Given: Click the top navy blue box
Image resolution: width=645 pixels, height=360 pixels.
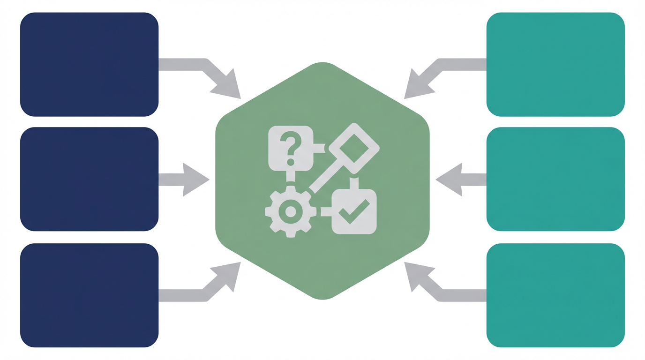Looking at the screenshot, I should pyautogui.click(x=89, y=64).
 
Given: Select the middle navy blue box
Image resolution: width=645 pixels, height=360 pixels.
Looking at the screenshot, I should pyautogui.click(x=89, y=179).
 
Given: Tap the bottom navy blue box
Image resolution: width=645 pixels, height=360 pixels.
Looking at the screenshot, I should pyautogui.click(x=89, y=295).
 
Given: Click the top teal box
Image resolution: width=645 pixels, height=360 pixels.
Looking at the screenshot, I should pyautogui.click(x=555, y=64).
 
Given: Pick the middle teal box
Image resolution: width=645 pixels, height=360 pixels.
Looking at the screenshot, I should pyautogui.click(x=555, y=179).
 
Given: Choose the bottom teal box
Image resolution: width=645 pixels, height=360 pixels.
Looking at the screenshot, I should pyautogui.click(x=555, y=295).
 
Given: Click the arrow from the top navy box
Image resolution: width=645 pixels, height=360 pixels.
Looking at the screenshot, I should pyautogui.click(x=206, y=70).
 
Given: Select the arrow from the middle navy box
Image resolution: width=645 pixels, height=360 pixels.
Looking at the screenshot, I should pyautogui.click(x=187, y=180).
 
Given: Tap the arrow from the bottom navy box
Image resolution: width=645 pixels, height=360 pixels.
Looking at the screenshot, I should pyautogui.click(x=206, y=288).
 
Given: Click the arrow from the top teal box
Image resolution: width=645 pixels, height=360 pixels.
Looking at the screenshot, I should pyautogui.click(x=438, y=70).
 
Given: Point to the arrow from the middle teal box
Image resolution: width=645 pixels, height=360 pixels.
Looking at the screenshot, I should pyautogui.click(x=457, y=180).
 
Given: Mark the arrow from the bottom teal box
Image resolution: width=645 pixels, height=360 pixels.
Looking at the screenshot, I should pyautogui.click(x=438, y=288).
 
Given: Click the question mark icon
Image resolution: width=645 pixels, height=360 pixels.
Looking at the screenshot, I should pyautogui.click(x=291, y=143).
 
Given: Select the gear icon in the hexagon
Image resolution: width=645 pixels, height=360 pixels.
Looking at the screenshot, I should pyautogui.click(x=291, y=212).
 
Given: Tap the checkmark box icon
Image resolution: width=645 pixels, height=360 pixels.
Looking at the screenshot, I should pyautogui.click(x=354, y=212).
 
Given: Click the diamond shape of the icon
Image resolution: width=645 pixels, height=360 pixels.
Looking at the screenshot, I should pyautogui.click(x=354, y=148).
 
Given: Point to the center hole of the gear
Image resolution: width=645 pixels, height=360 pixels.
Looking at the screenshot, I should pyautogui.click(x=291, y=212).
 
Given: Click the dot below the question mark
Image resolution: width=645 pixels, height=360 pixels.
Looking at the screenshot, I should pyautogui.click(x=291, y=162).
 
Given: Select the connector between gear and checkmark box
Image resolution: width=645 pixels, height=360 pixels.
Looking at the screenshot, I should pyautogui.click(x=326, y=212).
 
